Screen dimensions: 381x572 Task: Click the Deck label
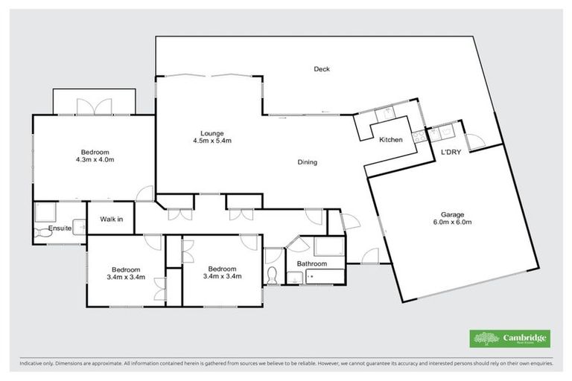[321, 69]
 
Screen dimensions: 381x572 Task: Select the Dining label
[308, 162]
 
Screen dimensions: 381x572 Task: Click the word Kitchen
[391, 140]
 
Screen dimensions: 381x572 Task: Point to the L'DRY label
[450, 153]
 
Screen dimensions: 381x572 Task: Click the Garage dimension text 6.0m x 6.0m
[453, 222]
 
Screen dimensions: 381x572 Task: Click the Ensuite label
[60, 228]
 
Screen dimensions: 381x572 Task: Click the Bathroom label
[311, 263]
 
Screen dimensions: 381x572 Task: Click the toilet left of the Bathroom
[273, 275]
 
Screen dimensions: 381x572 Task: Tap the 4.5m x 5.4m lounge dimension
[209, 141]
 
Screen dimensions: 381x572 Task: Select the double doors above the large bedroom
[94, 106]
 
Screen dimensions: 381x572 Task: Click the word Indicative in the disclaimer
[34, 364]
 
